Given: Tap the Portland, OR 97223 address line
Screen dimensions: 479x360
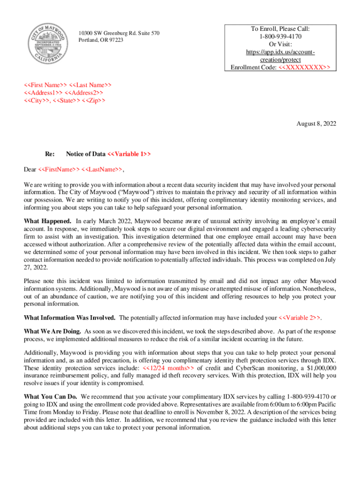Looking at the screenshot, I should tap(101, 40).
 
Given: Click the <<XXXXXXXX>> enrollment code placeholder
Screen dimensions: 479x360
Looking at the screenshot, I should tap(304, 67).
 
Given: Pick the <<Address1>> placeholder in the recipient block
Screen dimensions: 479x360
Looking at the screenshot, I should tap(43, 93).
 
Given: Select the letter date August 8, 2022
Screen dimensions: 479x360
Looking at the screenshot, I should tap(317, 124).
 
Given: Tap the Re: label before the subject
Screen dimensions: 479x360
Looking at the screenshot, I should tap(50, 154).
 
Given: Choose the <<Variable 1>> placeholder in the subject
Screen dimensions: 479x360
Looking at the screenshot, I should tap(129, 154).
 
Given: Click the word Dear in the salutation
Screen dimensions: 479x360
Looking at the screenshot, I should tap(30, 169).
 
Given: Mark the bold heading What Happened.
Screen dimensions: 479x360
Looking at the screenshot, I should tap(48, 221).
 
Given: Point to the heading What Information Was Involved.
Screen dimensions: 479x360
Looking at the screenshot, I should tap(70, 318).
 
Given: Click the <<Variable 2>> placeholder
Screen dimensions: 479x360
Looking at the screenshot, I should tap(300, 318).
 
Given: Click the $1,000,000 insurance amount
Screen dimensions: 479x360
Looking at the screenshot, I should tap(302, 367).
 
